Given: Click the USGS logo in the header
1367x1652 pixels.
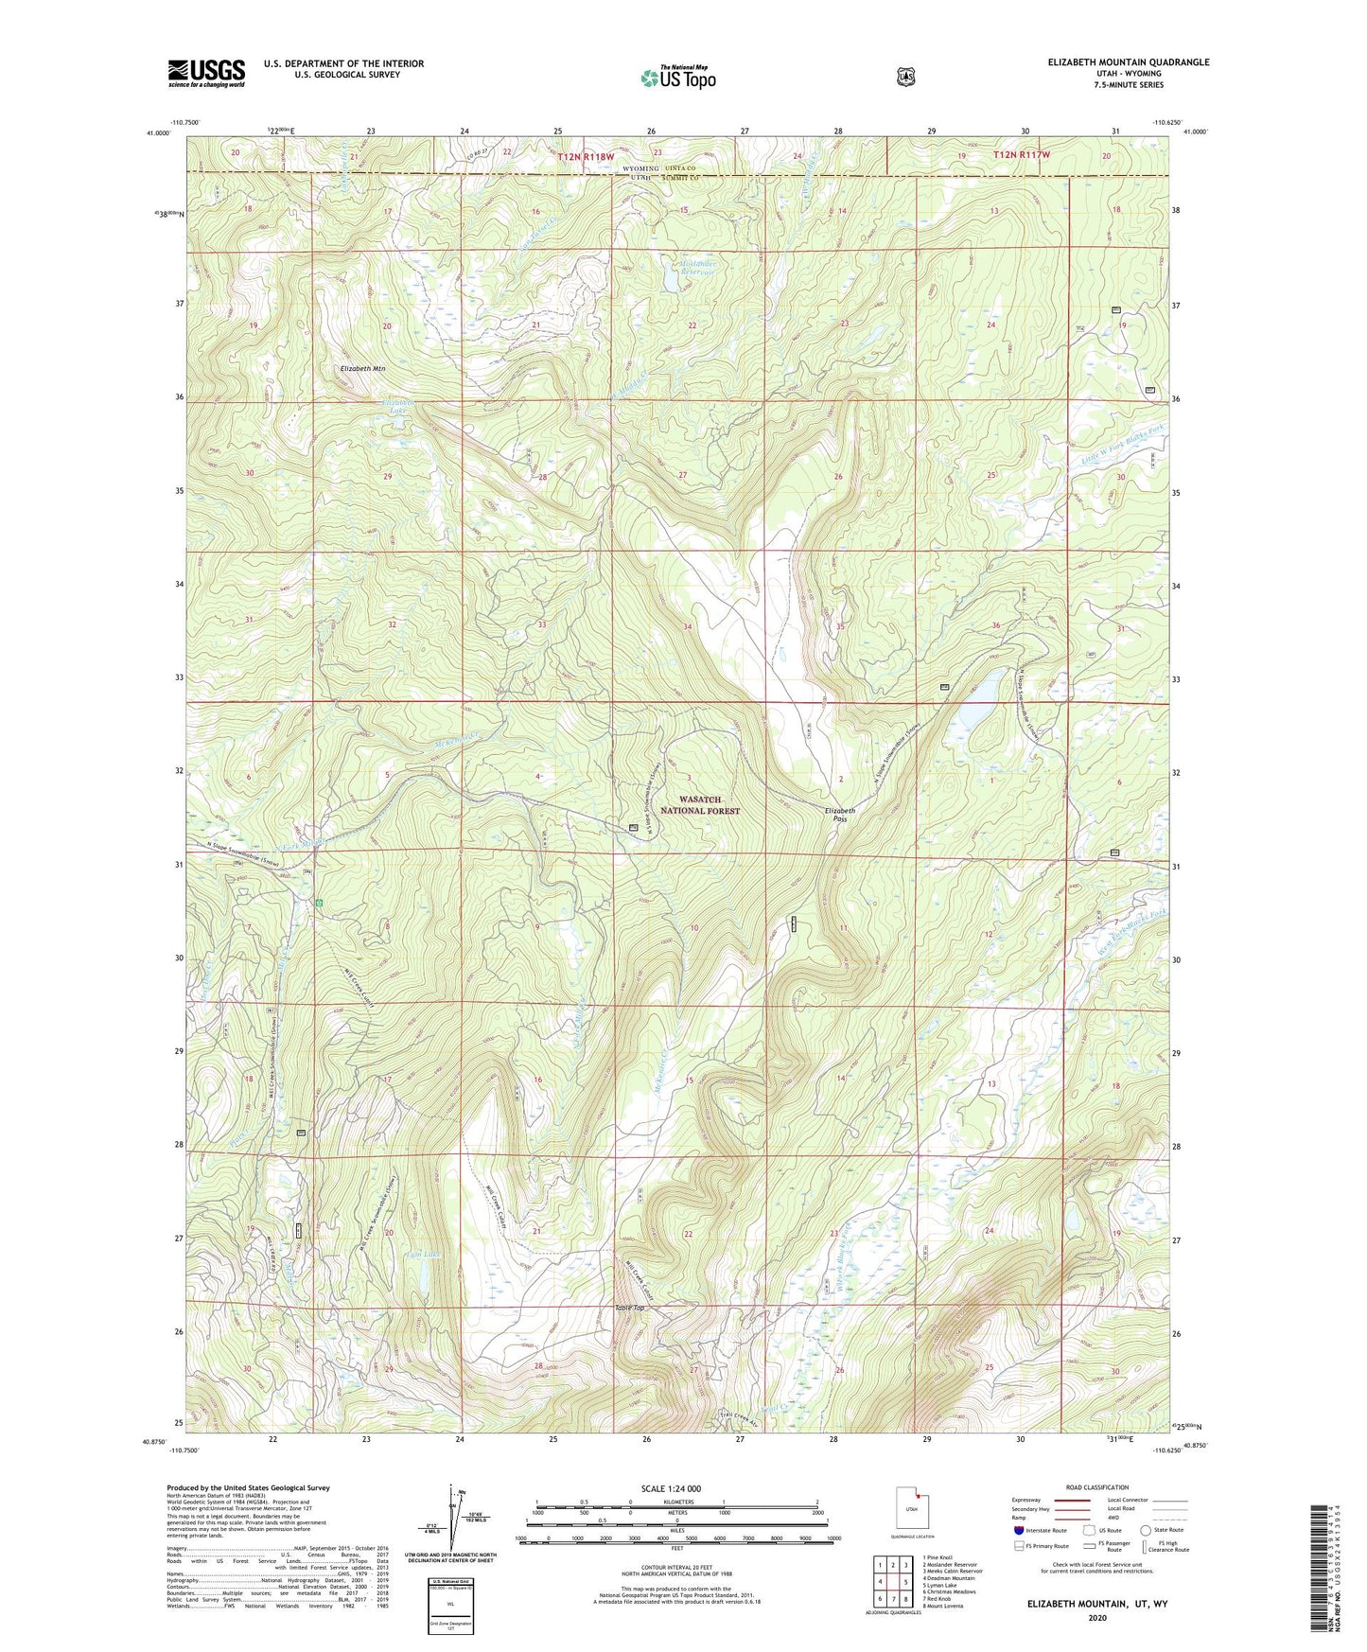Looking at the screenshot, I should click(x=206, y=72).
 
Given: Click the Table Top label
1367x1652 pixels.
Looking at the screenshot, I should click(x=629, y=1309).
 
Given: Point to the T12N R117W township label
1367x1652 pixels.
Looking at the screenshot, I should click(x=1022, y=154).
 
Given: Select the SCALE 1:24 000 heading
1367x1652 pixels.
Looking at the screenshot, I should click(x=671, y=1488).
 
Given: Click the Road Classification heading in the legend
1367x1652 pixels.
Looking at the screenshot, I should click(x=1097, y=1487).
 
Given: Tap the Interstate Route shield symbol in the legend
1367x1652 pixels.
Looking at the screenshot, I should click(x=1018, y=1530).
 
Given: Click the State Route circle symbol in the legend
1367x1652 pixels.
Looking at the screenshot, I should click(x=1146, y=1530).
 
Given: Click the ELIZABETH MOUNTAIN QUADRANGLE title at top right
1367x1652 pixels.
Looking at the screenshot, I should click(x=1128, y=62).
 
